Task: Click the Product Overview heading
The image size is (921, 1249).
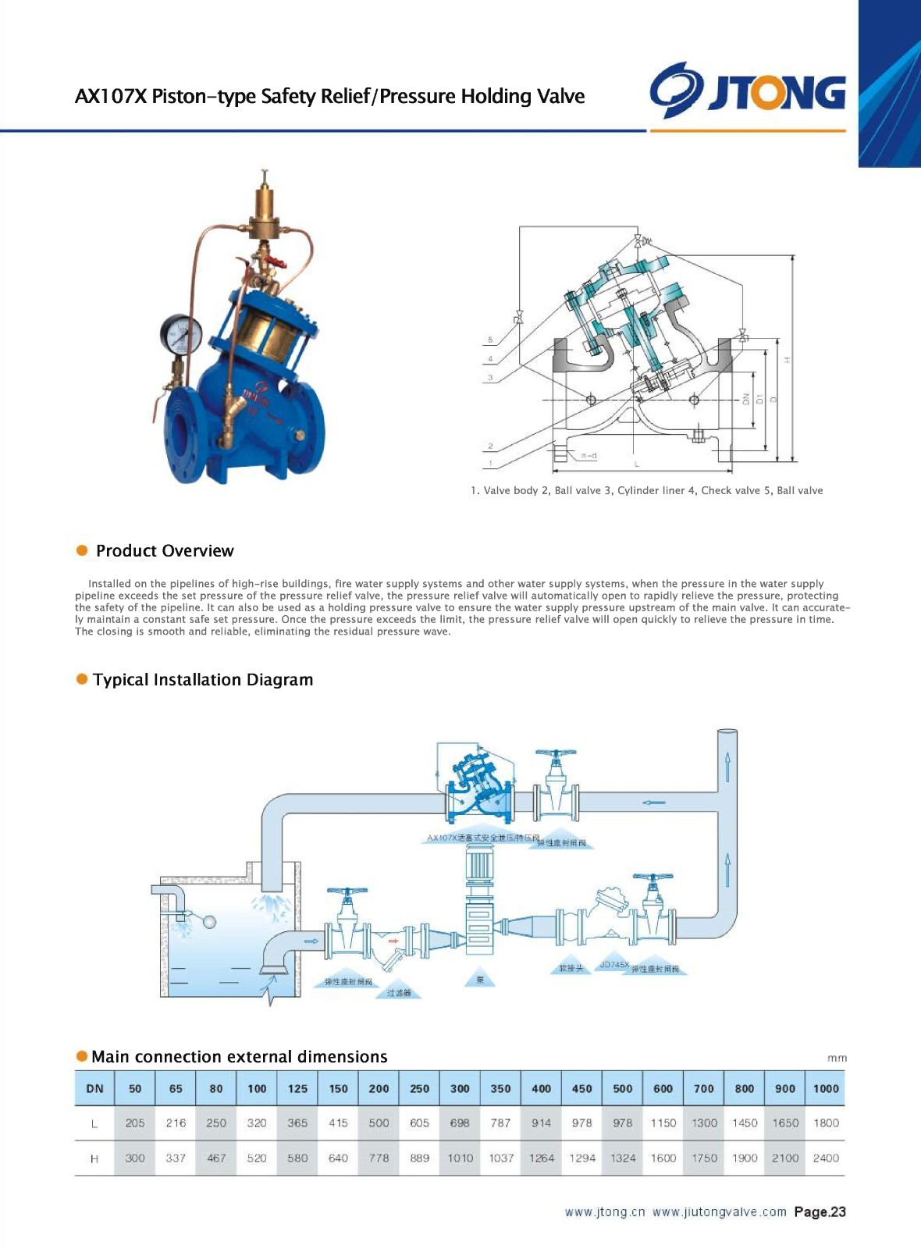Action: point(164,551)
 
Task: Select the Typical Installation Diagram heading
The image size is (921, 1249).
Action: point(202,680)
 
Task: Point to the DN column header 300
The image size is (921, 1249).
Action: point(460,1088)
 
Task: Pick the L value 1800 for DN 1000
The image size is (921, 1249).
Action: point(826,1123)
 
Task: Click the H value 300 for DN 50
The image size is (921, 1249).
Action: point(135,1158)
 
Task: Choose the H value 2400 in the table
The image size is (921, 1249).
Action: point(826,1158)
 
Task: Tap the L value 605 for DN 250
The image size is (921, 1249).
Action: point(419,1123)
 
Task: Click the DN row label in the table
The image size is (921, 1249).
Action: point(94,1088)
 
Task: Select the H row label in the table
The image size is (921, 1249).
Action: point(94,1158)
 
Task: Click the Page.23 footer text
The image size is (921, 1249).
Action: point(820,1212)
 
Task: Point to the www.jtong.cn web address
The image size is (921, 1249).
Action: point(605,1212)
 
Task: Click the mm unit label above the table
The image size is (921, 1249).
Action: point(837,1059)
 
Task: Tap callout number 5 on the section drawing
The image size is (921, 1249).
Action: point(490,340)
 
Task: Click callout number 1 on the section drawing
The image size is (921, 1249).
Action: point(490,464)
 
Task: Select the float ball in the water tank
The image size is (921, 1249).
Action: point(209,922)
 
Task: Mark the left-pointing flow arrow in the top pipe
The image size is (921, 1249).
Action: point(654,802)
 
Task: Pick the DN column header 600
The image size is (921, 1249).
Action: point(663,1088)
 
